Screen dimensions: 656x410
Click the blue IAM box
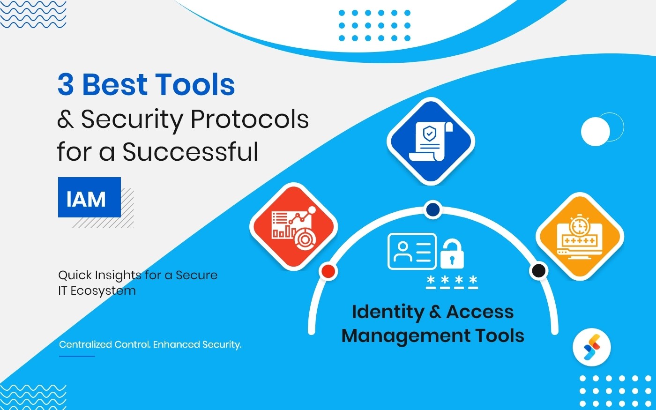[x=89, y=197]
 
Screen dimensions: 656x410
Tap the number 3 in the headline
[x=66, y=85]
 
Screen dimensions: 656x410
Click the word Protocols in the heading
[x=250, y=119]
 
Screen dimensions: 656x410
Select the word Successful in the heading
[x=190, y=151]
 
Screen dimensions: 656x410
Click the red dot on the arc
[x=328, y=271]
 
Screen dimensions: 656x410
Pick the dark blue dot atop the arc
[x=433, y=209]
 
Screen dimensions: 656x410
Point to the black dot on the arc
[x=538, y=270]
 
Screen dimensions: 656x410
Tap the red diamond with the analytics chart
[x=294, y=226]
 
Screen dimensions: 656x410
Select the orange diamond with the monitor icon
[x=580, y=237]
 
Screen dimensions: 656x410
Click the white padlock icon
[x=452, y=253]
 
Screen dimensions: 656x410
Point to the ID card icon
[x=412, y=251]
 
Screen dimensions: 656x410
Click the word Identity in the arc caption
[x=388, y=312]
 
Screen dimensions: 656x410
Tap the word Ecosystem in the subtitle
[x=103, y=291]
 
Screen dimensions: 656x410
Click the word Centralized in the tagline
[x=85, y=344]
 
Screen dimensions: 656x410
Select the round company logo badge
[x=591, y=347]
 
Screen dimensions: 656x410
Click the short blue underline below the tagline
[x=77, y=357]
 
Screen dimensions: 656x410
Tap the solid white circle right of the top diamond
[x=596, y=132]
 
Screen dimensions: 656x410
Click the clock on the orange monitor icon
[x=579, y=226]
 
